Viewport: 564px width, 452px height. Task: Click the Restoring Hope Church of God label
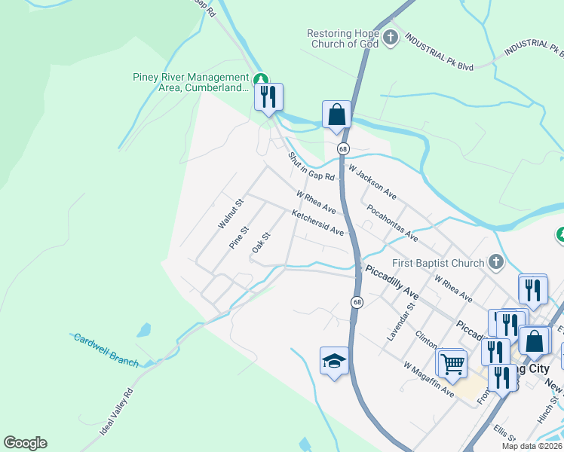(x=343, y=38)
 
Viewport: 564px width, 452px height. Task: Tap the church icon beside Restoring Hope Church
(x=391, y=38)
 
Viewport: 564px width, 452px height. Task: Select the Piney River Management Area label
(x=190, y=82)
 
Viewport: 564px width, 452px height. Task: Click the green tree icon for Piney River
(x=261, y=78)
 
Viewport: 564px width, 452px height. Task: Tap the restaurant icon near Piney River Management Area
(x=268, y=96)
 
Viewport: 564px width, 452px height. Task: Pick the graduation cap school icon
(x=334, y=360)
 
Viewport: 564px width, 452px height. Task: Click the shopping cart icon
(x=452, y=364)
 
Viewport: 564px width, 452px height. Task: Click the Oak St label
(x=261, y=243)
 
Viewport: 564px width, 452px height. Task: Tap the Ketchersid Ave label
(x=317, y=223)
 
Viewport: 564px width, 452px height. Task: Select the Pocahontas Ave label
(x=391, y=222)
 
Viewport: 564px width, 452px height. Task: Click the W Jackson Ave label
(x=372, y=183)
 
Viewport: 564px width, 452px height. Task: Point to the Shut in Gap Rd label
(x=311, y=167)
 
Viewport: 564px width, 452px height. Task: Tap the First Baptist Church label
(x=438, y=263)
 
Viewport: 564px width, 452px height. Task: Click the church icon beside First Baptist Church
(x=495, y=262)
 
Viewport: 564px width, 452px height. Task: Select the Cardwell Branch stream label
(x=106, y=350)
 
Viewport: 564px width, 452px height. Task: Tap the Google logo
(x=25, y=443)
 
